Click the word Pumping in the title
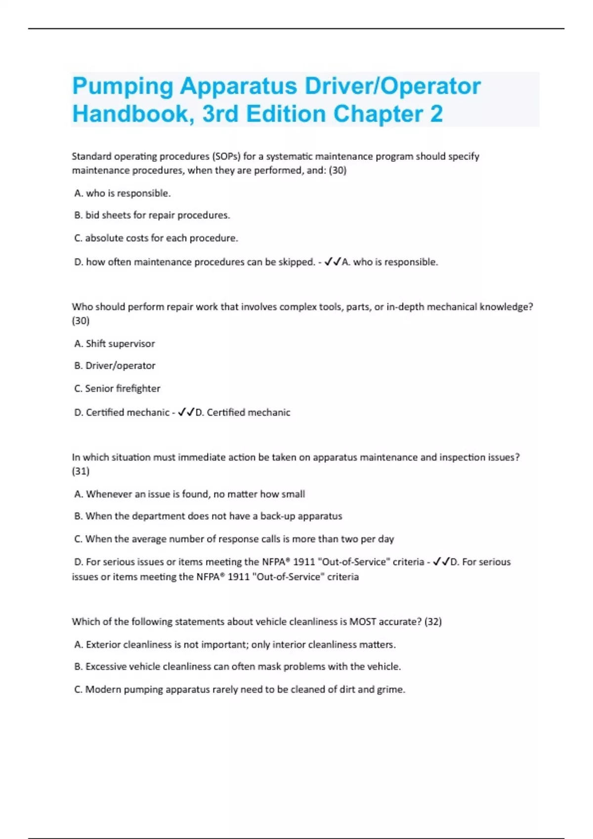pos(123,87)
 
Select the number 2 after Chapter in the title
pos(436,114)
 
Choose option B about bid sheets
pos(152,215)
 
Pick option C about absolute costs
pos(156,238)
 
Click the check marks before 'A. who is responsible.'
pos(333,262)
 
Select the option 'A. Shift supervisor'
pos(115,343)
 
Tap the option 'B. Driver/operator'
pos(115,366)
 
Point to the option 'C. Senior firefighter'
pos(117,388)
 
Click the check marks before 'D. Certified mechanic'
pos(186,412)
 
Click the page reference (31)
pos(81,471)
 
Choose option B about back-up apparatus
pos(208,516)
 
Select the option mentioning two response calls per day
pos(234,539)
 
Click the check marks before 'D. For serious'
pos(441,562)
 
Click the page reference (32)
pos(433,622)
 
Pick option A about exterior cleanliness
pos(235,645)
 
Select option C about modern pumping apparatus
pos(240,689)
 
